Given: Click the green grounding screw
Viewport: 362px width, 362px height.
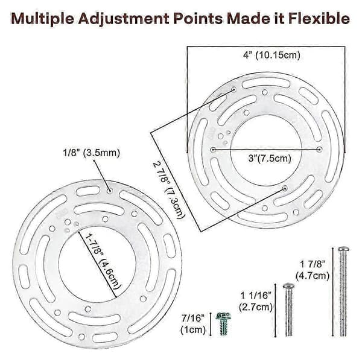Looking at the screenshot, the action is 223,323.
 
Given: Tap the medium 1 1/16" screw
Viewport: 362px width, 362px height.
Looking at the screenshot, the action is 288,310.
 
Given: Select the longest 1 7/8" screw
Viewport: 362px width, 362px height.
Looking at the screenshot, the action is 343,291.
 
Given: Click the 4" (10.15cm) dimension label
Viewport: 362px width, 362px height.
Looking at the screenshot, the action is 271,56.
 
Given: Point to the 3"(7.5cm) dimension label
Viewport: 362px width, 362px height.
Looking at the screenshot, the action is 270,158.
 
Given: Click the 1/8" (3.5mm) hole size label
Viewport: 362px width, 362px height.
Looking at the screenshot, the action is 92,153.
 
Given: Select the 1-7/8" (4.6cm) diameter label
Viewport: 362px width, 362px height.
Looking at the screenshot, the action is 103,261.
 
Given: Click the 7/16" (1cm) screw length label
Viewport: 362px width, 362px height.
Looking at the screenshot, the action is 193,324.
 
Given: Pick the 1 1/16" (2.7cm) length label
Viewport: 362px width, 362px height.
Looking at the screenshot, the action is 256,301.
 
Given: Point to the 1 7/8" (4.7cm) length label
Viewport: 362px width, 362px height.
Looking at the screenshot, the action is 313,270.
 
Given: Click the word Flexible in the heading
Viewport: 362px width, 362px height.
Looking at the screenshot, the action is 319,19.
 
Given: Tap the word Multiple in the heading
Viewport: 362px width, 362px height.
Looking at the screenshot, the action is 43,19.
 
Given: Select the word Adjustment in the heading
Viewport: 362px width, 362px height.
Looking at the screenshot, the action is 124,19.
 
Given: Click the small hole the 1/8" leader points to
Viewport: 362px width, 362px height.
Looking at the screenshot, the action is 110,191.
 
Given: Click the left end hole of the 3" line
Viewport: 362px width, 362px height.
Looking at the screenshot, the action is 213,150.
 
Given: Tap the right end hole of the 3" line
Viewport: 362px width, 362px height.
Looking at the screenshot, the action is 319,150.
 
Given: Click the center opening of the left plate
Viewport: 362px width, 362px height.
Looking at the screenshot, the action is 97,264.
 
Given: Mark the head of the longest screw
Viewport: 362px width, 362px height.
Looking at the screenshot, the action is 343,249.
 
